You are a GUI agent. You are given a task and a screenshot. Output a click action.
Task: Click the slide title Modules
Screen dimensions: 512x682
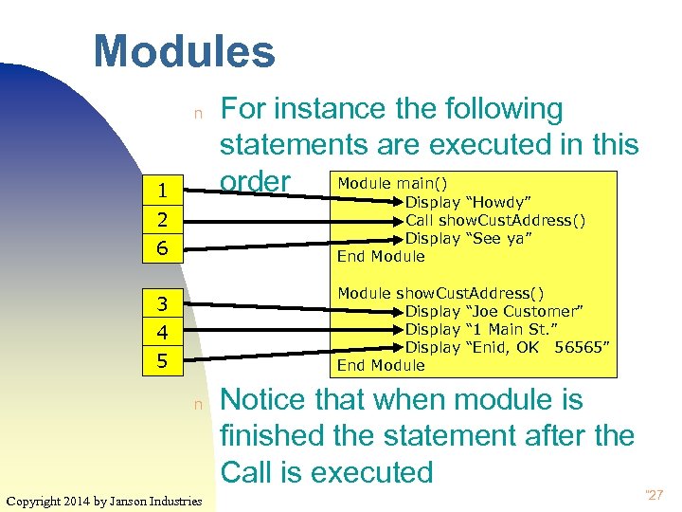(184, 51)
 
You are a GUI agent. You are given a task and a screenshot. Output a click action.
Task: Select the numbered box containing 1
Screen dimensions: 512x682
(163, 191)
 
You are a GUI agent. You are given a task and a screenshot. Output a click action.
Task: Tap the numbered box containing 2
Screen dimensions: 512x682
(163, 220)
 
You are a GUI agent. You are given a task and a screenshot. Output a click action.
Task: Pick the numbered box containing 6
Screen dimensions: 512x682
(163, 248)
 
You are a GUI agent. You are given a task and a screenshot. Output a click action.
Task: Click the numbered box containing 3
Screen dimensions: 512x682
(163, 304)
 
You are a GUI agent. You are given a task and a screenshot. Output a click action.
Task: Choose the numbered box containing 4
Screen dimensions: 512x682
(163, 333)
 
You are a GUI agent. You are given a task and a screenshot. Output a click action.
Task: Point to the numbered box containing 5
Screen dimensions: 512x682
(163, 361)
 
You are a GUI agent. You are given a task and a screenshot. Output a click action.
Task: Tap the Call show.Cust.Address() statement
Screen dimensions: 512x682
(494, 220)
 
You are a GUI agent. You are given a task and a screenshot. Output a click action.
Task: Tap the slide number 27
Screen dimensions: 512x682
(655, 493)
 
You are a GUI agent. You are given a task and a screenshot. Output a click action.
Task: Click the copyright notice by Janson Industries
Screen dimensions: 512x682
(103, 500)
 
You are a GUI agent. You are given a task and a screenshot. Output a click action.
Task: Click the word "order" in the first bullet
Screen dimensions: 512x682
(255, 181)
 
